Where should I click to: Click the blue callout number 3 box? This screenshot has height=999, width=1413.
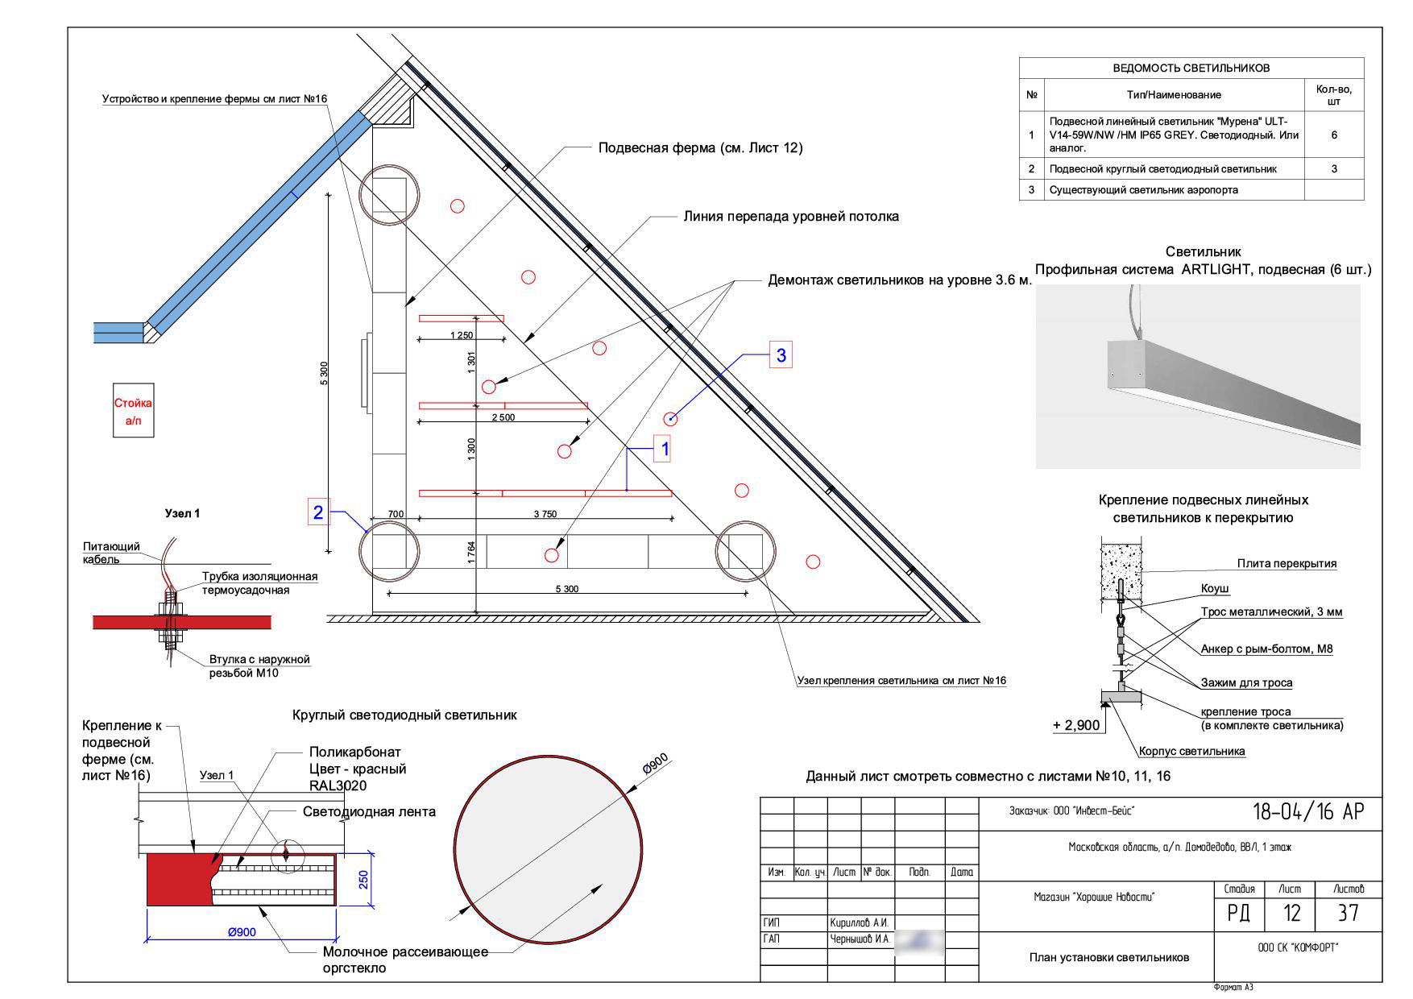click(781, 354)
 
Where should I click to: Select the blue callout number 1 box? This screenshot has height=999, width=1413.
click(665, 449)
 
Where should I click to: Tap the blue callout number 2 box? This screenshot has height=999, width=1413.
click(319, 512)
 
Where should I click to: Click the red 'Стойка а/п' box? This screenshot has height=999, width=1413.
click(133, 411)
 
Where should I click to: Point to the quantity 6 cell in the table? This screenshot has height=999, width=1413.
click(1334, 135)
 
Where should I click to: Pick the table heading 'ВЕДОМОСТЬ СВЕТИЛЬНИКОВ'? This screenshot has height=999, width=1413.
click(1191, 68)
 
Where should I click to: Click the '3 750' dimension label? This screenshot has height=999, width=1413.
click(545, 514)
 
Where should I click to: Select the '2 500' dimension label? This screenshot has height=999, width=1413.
click(503, 417)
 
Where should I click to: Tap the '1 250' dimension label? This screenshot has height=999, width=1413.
click(462, 335)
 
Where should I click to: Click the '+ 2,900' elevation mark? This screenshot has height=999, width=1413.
click(1076, 725)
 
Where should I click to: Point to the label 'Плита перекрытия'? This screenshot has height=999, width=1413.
click(1287, 564)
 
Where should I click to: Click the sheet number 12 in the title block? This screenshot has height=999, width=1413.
click(1291, 913)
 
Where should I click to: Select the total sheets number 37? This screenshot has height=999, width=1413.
click(1348, 913)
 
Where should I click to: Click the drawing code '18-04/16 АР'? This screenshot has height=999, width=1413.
click(1308, 811)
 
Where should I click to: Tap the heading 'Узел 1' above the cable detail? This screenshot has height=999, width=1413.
click(182, 513)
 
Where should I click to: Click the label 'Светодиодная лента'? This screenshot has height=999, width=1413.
click(369, 811)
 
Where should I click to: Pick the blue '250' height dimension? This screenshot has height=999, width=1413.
click(364, 879)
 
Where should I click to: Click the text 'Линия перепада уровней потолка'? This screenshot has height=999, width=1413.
click(791, 216)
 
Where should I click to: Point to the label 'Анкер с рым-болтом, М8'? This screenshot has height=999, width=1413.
click(1266, 649)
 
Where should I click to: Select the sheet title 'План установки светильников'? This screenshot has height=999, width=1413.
click(1108, 957)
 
